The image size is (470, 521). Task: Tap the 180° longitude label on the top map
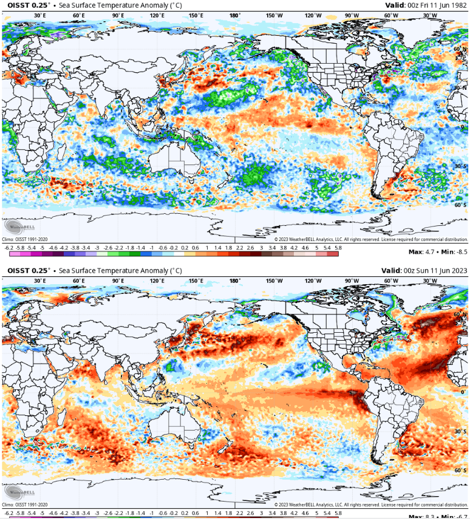point(235,15)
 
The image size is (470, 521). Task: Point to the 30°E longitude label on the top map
point(40,15)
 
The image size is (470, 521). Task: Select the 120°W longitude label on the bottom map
point(313,281)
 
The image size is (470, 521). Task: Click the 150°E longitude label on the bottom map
point(196,281)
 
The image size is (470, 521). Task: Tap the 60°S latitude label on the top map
point(461,205)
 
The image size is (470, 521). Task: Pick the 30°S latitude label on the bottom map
point(461,431)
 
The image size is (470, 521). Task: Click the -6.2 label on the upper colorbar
point(9,248)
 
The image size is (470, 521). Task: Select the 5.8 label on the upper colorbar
point(338,248)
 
